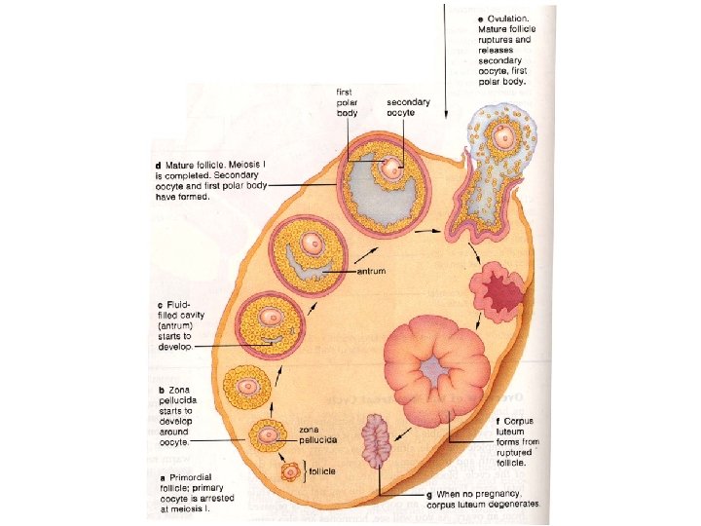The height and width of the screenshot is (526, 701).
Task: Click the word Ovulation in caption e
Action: tap(509, 19)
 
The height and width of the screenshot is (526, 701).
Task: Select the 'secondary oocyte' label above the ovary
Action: tap(408, 107)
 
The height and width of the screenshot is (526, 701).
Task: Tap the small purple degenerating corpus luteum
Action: tap(377, 441)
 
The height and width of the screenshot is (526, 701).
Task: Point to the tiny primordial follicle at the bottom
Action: tap(291, 471)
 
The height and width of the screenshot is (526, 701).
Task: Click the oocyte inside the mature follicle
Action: tap(391, 169)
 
